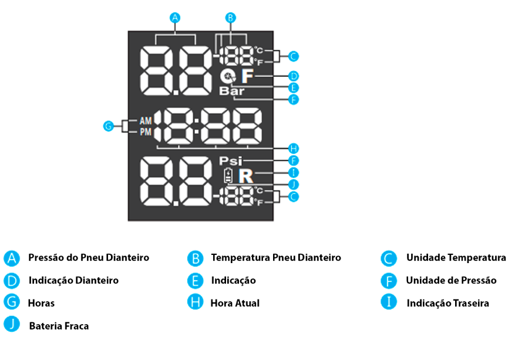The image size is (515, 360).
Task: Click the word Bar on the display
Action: pyautogui.click(x=232, y=91)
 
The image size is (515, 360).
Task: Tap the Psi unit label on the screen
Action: pyautogui.click(x=230, y=160)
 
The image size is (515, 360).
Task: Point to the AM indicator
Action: pyautogui.click(x=145, y=120)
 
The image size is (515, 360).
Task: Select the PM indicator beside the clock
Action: pyautogui.click(x=145, y=133)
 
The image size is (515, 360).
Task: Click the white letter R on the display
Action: pyautogui.click(x=245, y=175)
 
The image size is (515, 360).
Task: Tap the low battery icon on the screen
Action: pyautogui.click(x=228, y=175)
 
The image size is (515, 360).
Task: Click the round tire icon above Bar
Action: pyautogui.click(x=228, y=76)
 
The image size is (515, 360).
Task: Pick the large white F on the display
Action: pyautogui.click(x=247, y=76)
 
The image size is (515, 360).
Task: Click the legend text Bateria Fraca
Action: pyautogui.click(x=59, y=325)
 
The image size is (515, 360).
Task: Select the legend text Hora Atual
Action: pyautogui.click(x=235, y=303)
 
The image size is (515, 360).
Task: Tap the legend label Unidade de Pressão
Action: pyautogui.click(x=451, y=280)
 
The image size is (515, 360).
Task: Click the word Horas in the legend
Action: pyautogui.click(x=41, y=303)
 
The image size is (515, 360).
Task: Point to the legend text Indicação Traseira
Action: pyautogui.click(x=447, y=303)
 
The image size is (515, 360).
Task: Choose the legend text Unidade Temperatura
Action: pyautogui.click(x=456, y=258)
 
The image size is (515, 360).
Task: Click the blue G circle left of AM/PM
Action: pyautogui.click(x=108, y=126)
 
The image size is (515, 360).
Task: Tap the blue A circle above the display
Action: pyautogui.click(x=174, y=18)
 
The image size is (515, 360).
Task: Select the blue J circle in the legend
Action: pyautogui.click(x=12, y=324)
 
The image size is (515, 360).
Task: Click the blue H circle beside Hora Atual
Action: pyautogui.click(x=195, y=302)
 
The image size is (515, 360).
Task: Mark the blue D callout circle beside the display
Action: pyautogui.click(x=294, y=76)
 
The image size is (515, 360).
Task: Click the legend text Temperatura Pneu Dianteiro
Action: pyautogui.click(x=276, y=258)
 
